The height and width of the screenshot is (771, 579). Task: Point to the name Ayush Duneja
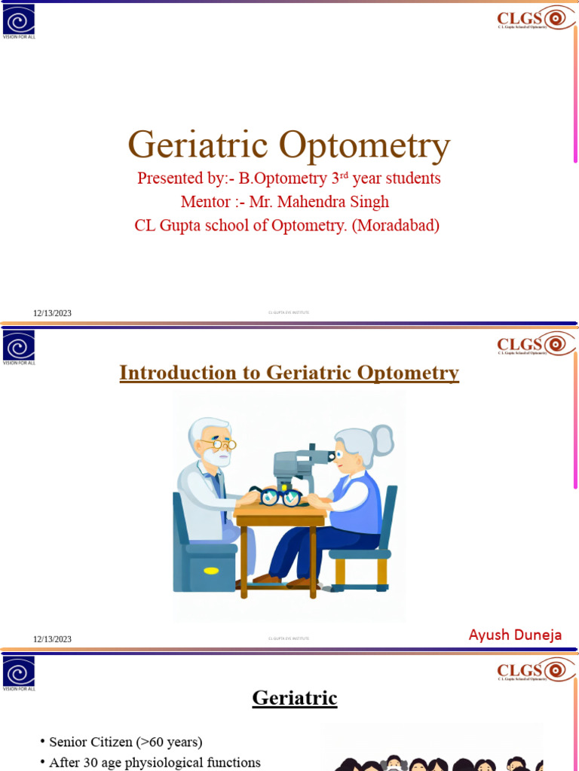[x=515, y=634]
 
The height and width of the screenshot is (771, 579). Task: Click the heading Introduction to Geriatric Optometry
[x=289, y=373]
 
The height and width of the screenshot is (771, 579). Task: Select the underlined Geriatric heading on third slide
[x=294, y=698]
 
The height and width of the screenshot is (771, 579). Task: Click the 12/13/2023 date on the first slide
[x=52, y=313]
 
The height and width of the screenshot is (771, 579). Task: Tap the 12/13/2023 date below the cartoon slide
[x=52, y=639]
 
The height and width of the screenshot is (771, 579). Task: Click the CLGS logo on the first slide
[x=532, y=18]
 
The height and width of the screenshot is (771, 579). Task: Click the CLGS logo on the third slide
[x=532, y=670]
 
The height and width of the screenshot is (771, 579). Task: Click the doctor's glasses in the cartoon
[x=224, y=444]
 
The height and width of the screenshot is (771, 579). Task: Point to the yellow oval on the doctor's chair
[x=211, y=570]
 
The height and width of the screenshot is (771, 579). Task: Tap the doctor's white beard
[x=217, y=457]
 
